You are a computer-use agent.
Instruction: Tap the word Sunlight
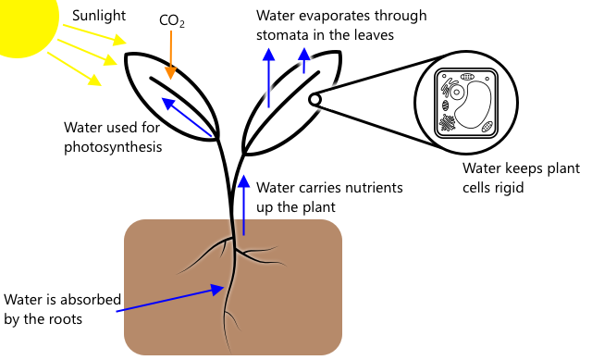tap(99, 16)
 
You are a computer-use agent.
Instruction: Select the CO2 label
tap(172, 20)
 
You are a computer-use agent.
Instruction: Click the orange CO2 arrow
tap(170, 56)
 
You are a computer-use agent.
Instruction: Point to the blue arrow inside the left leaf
tap(187, 117)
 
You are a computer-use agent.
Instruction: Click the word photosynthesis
tap(113, 147)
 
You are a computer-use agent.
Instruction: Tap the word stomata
tap(283, 35)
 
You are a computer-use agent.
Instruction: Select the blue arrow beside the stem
tap(244, 205)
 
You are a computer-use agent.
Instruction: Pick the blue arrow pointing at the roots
tap(170, 298)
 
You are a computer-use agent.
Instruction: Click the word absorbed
tap(91, 300)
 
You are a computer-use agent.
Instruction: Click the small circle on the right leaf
tap(314, 100)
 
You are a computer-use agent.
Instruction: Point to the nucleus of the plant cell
tap(457, 92)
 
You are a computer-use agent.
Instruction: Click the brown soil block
tap(233, 287)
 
